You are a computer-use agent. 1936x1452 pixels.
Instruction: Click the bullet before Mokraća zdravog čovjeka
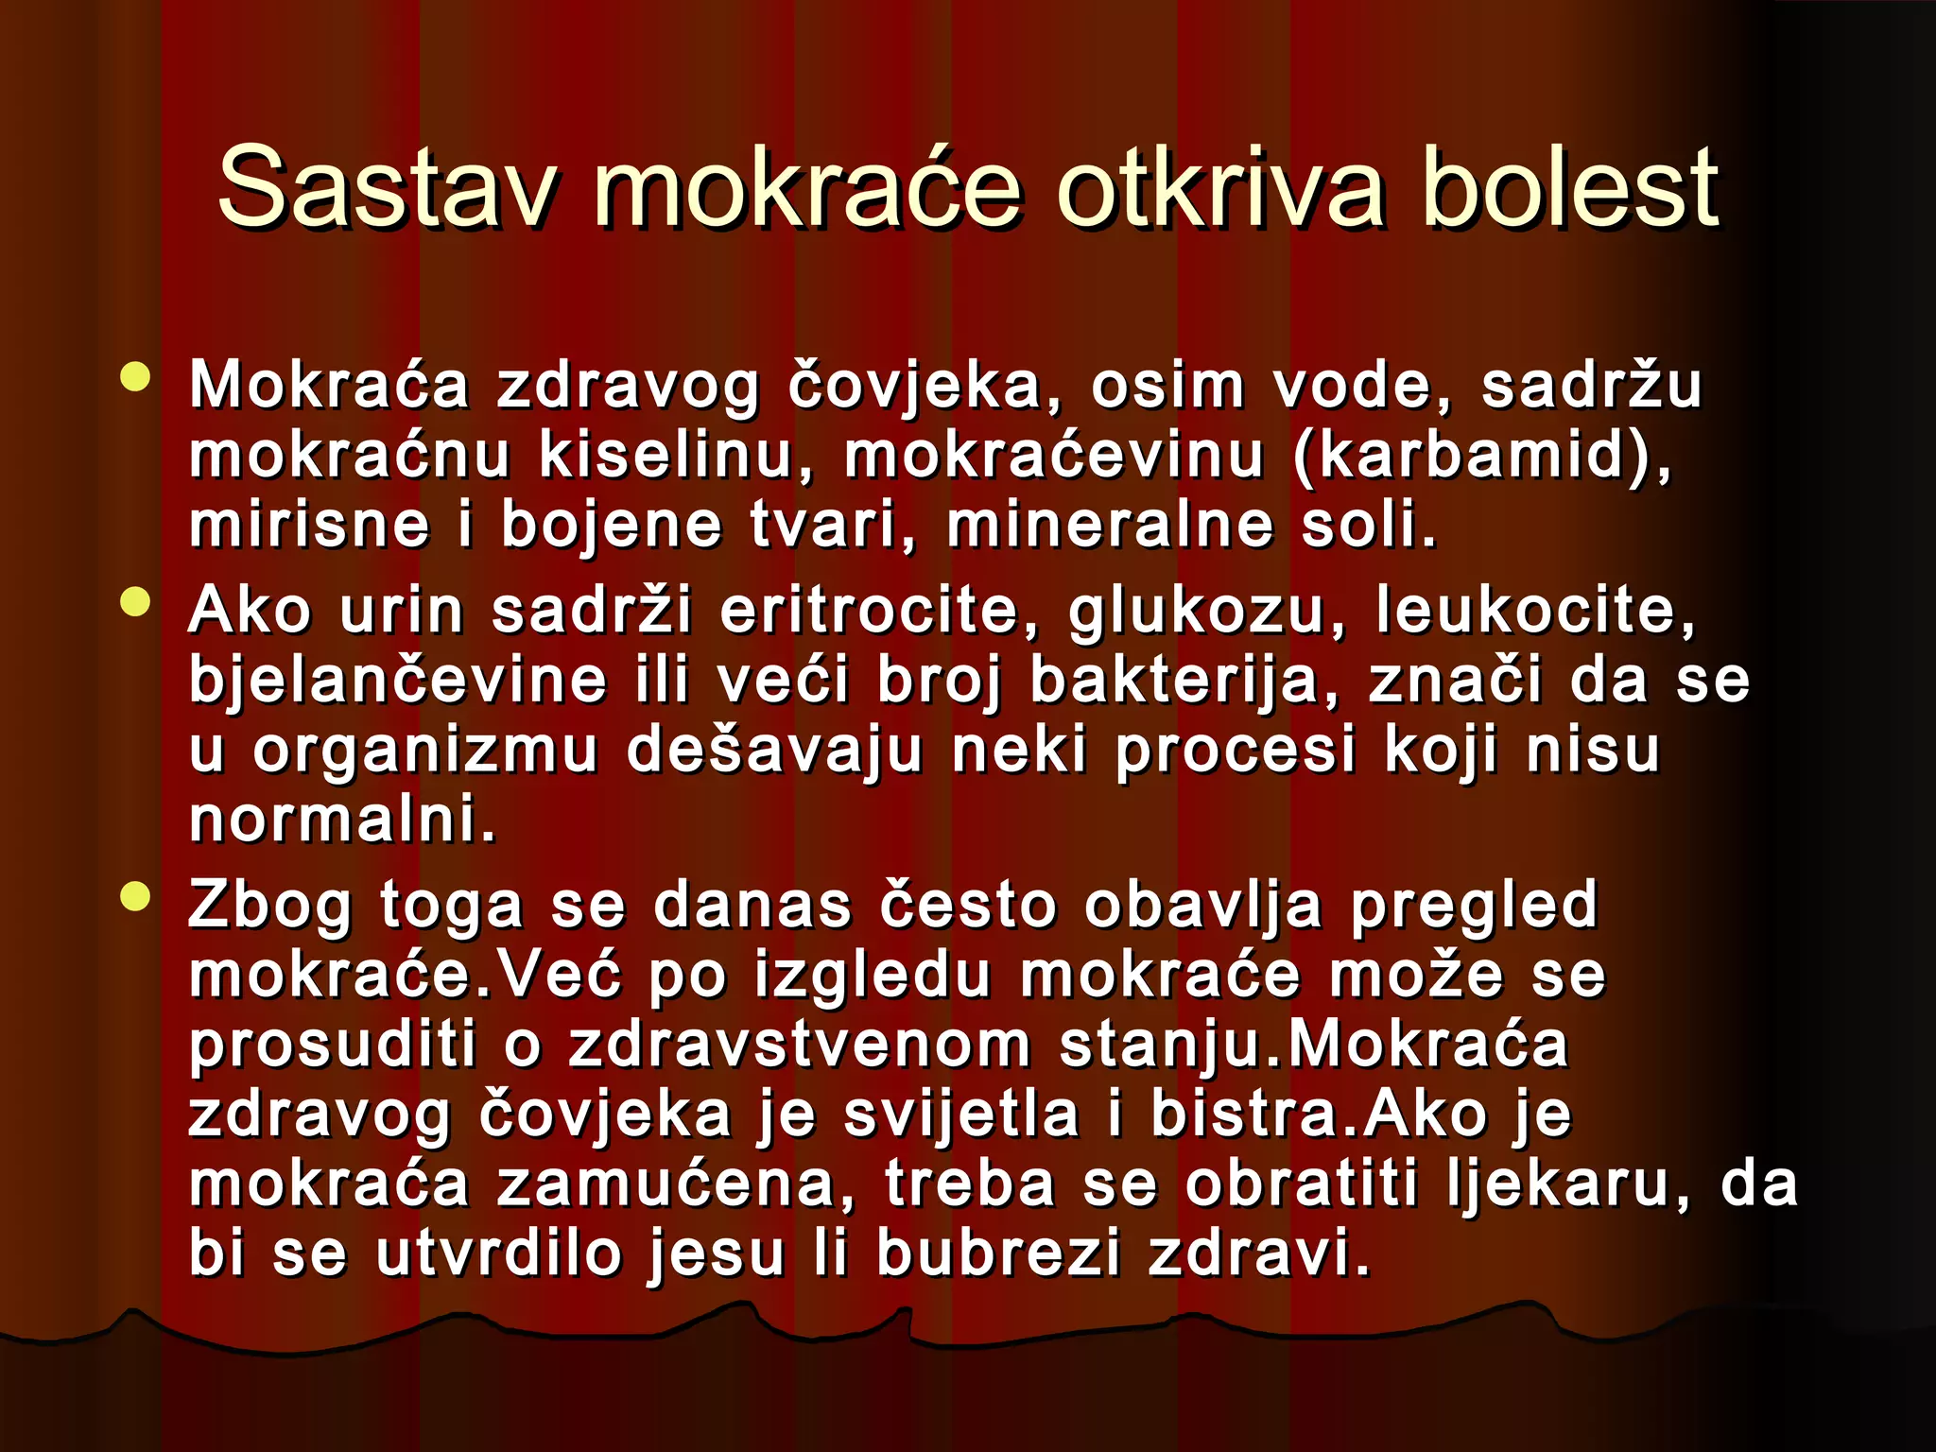[x=136, y=376]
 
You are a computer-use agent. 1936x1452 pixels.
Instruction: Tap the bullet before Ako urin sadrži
[x=136, y=602]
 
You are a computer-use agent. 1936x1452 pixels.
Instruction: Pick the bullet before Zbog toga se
[x=136, y=895]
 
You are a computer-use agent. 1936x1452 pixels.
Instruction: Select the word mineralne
[x=1110, y=526]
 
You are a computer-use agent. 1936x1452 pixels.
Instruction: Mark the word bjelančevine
[x=398, y=682]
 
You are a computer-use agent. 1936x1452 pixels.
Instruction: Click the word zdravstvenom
[x=799, y=1046]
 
